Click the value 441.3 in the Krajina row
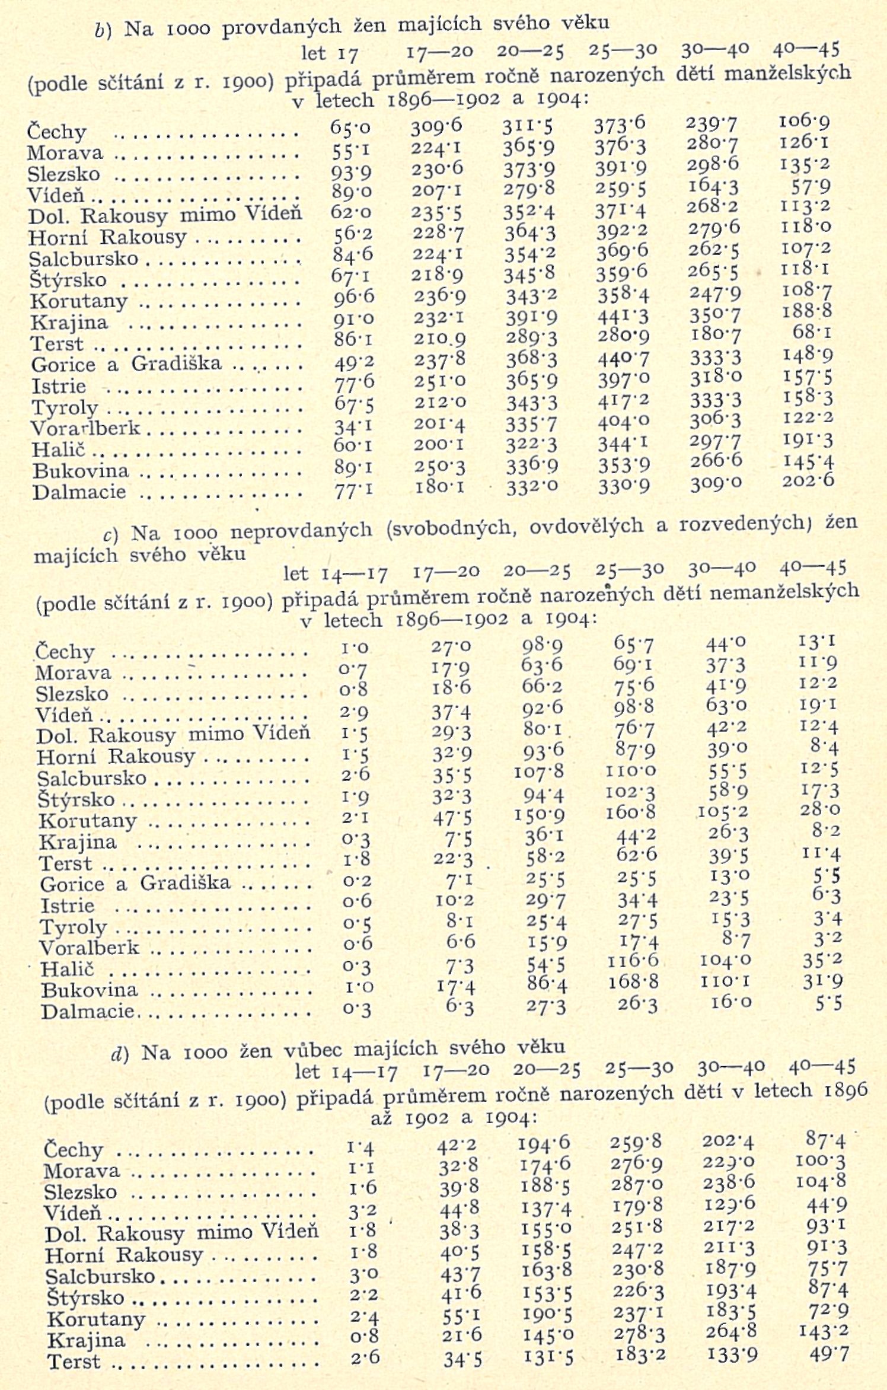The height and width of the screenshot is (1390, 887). (622, 315)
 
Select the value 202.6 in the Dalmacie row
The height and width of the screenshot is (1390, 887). (808, 479)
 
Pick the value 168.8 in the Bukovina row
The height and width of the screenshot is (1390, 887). (634, 981)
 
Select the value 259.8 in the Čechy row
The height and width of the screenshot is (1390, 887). (636, 1142)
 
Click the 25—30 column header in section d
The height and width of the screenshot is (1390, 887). (639, 1068)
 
